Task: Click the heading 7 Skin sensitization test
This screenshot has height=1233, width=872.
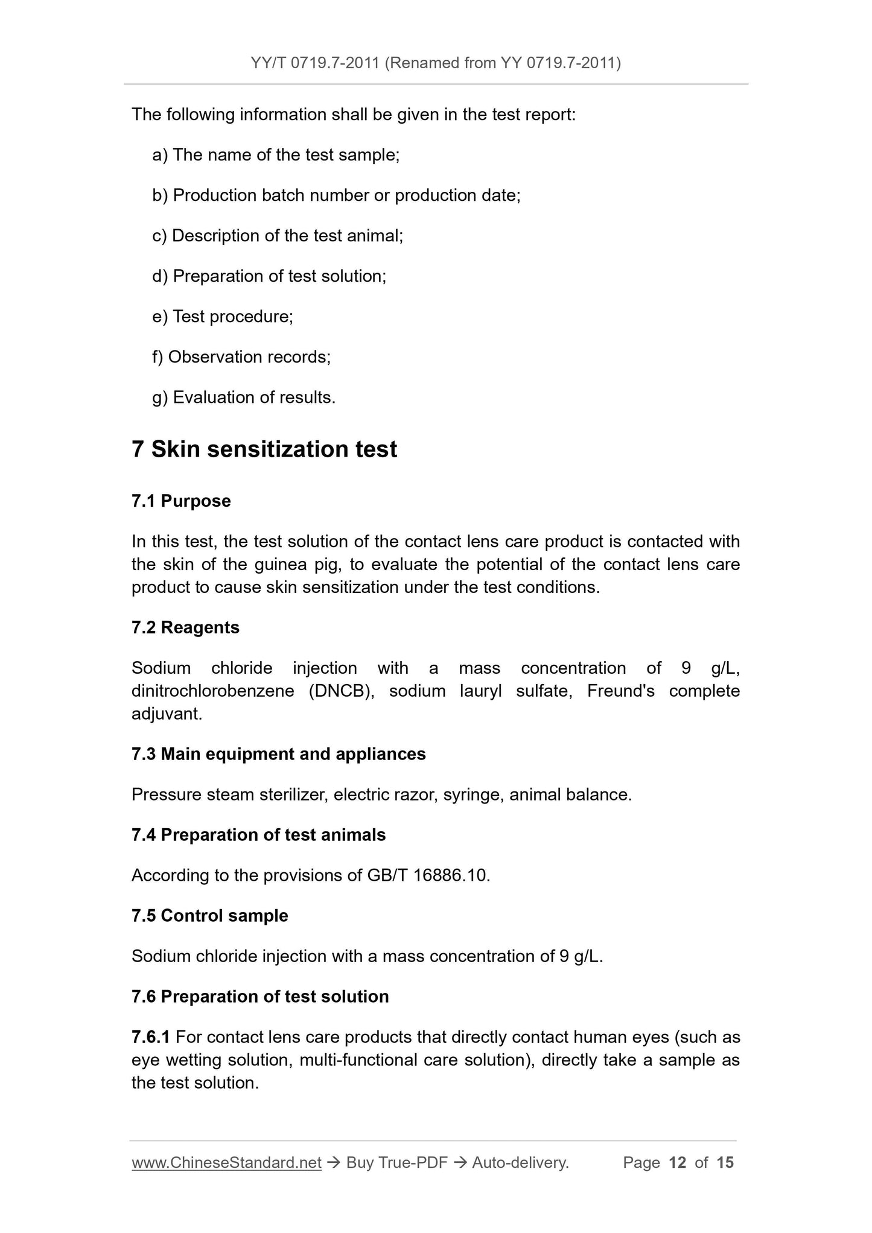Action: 264,450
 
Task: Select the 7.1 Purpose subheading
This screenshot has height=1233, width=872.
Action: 181,501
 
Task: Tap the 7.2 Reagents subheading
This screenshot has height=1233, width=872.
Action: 185,628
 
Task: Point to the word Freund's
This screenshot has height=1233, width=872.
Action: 620,691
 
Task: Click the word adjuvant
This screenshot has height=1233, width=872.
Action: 167,714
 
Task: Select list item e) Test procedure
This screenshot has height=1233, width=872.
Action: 223,317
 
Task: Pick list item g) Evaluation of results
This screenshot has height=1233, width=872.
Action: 244,398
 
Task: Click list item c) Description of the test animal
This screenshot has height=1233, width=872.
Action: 278,236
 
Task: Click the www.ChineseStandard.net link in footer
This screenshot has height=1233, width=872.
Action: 226,1163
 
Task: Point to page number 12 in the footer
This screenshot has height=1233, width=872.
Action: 678,1163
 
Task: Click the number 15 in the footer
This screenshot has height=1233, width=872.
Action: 725,1163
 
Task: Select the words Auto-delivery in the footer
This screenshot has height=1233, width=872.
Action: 520,1163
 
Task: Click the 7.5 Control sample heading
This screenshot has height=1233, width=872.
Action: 209,916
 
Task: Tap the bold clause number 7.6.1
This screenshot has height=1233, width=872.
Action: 150,1038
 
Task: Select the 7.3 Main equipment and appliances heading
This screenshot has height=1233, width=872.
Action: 278,755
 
